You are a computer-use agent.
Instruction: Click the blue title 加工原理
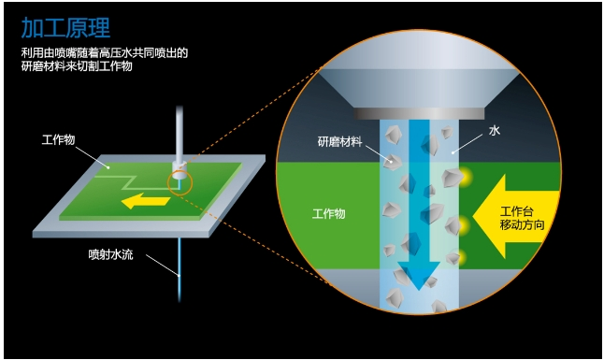tap(65, 28)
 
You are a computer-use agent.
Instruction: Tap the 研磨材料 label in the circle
tap(339, 141)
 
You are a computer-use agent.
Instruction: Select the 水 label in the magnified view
tap(495, 131)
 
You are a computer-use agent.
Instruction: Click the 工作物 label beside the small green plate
tap(58, 139)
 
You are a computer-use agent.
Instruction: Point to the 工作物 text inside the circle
tap(328, 213)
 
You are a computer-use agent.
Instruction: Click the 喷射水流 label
tap(111, 254)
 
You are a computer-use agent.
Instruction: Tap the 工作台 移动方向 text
tap(522, 218)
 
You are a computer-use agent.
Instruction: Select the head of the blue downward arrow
tap(419, 275)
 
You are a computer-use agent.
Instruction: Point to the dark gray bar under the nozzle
tap(419, 113)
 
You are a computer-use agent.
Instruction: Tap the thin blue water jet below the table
tap(180, 269)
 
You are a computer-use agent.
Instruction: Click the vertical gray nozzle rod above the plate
tap(180, 134)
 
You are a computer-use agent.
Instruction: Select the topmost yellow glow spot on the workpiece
tap(466, 177)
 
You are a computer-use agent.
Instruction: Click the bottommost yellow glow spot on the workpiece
tap(462, 256)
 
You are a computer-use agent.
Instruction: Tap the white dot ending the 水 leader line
tap(453, 152)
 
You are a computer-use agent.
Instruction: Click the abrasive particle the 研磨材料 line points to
tap(393, 163)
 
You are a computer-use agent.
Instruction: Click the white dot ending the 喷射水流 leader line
tap(179, 275)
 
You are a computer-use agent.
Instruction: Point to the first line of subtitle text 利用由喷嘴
tap(105, 52)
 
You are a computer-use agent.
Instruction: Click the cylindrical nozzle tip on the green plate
tap(180, 169)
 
